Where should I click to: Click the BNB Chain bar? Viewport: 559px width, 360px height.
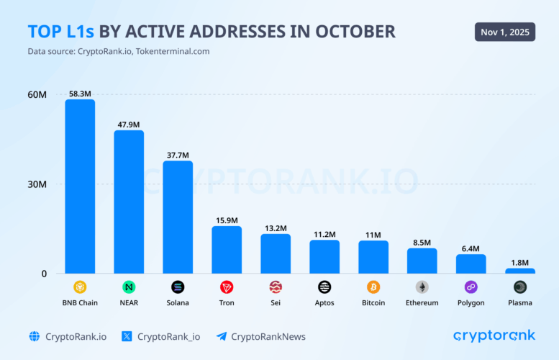click(80, 186)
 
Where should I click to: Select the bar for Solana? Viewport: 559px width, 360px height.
click(178, 217)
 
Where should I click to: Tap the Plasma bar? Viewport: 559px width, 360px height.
click(520, 271)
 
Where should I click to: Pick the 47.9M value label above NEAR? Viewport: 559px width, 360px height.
click(129, 125)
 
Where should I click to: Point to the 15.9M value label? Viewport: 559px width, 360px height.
click(227, 220)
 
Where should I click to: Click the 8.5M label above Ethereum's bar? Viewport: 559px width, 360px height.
click(422, 243)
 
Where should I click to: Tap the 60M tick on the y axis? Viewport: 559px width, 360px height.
click(37, 94)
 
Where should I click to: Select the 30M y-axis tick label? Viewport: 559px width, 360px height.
click(37, 184)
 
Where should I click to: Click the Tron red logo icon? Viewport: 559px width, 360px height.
click(227, 287)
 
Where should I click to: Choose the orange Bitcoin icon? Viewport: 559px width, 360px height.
click(373, 287)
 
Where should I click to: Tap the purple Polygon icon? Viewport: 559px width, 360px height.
click(471, 287)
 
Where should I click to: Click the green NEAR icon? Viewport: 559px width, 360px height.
click(129, 287)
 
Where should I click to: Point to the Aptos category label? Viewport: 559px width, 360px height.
click(324, 303)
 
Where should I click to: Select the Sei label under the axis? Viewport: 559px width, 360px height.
click(276, 303)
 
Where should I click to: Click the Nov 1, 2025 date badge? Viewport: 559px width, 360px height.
click(505, 32)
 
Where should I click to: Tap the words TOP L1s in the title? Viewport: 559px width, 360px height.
click(61, 32)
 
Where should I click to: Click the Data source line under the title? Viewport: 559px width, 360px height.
click(119, 51)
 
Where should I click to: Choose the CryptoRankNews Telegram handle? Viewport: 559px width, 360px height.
click(268, 336)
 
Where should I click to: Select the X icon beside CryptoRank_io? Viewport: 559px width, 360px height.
click(127, 336)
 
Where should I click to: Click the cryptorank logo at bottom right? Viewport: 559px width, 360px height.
click(494, 336)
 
